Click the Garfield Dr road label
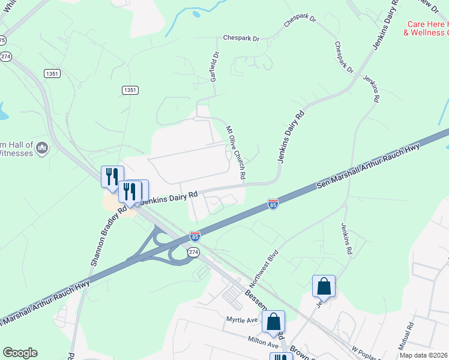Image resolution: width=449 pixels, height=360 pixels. pos(215,66)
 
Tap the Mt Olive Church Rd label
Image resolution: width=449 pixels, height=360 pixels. pos(235,153)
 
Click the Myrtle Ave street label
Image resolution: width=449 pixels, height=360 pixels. pos(241,320)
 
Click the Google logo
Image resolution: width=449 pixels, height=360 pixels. pos(20,353)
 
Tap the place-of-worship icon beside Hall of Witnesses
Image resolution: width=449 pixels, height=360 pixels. pos(42,148)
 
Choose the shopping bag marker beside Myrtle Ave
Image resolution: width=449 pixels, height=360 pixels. pos(274,322)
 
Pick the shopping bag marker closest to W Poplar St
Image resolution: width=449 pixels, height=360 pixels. pos(324,286)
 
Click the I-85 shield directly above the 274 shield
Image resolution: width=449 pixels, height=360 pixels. pos(194,236)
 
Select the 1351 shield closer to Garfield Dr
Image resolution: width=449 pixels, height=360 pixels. pos(130,90)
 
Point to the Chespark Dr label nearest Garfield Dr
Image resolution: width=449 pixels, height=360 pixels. pos(241,38)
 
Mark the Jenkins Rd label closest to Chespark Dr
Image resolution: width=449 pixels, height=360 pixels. pos(372,89)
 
